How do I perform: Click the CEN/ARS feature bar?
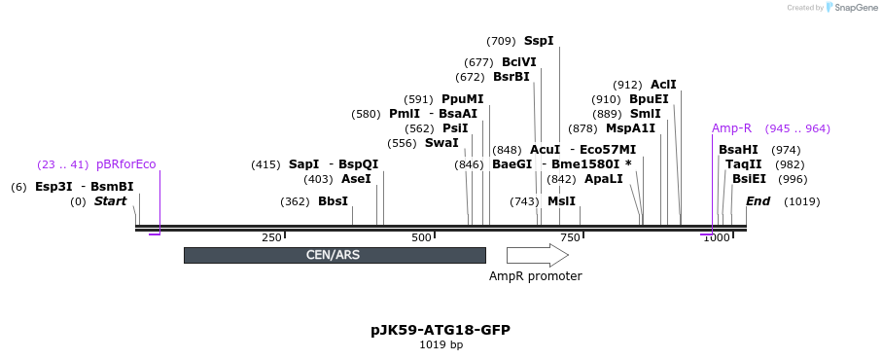pos(335,255)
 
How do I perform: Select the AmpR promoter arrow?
pos(537,255)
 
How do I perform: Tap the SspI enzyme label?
pos(539,41)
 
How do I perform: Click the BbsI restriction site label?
pos(333,201)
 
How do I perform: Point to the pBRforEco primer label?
pos(125,164)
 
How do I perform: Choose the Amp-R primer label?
pos(731,128)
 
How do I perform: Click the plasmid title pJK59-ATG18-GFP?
pos(441,330)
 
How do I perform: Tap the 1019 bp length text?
pos(441,344)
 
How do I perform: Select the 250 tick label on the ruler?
pos(271,238)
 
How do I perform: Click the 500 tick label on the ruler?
pos(421,238)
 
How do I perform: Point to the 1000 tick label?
pos(716,238)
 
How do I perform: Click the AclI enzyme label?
pos(663,85)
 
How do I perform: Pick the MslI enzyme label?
pos(561,201)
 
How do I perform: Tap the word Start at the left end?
pos(110,201)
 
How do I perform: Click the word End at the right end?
pos(758,201)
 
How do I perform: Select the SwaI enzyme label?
pos(441,143)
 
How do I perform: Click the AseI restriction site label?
pos(356,179)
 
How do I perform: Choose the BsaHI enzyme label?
pos(738,150)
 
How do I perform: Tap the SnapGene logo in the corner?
pos(847,8)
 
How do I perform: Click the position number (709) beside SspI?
pos(501,41)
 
